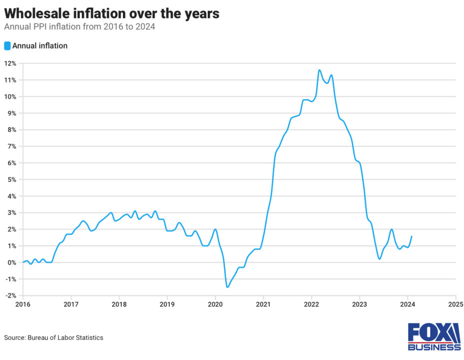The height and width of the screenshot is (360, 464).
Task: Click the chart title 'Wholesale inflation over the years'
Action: pos(111,13)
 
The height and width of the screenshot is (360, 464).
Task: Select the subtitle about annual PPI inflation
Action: pos(79,27)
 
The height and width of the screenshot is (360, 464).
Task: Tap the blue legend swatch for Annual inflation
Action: pos(7,46)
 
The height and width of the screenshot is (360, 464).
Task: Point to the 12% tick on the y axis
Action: pos(10,63)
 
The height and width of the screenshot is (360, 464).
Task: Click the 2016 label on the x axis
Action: pos(23,303)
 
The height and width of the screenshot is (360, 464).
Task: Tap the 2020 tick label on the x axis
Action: pos(215,303)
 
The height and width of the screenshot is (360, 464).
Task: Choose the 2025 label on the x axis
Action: pos(456,303)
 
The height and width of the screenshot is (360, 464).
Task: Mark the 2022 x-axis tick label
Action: pos(311,303)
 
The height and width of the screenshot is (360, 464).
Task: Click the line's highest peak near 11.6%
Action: pos(319,70)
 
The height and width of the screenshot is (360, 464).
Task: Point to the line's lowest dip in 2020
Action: pos(227,287)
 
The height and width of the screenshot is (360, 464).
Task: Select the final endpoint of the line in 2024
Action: pos(411,236)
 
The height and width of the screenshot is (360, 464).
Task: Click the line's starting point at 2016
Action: pos(23,262)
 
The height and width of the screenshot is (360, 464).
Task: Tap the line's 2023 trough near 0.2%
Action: pos(380,259)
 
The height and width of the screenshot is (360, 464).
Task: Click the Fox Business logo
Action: pos(434,336)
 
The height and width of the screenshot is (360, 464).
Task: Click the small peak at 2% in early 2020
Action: pos(215,229)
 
